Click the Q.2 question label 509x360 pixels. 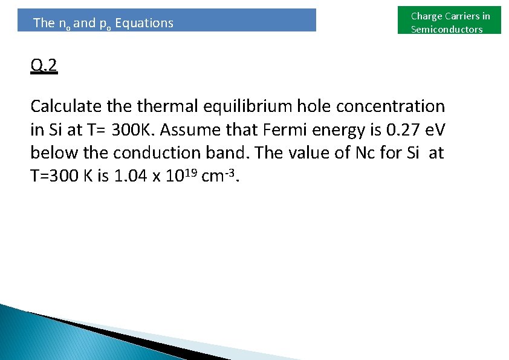click(44, 65)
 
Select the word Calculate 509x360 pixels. click(66, 106)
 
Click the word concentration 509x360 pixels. click(391, 106)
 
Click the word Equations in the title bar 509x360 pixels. click(144, 23)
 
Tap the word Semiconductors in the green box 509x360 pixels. click(447, 30)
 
